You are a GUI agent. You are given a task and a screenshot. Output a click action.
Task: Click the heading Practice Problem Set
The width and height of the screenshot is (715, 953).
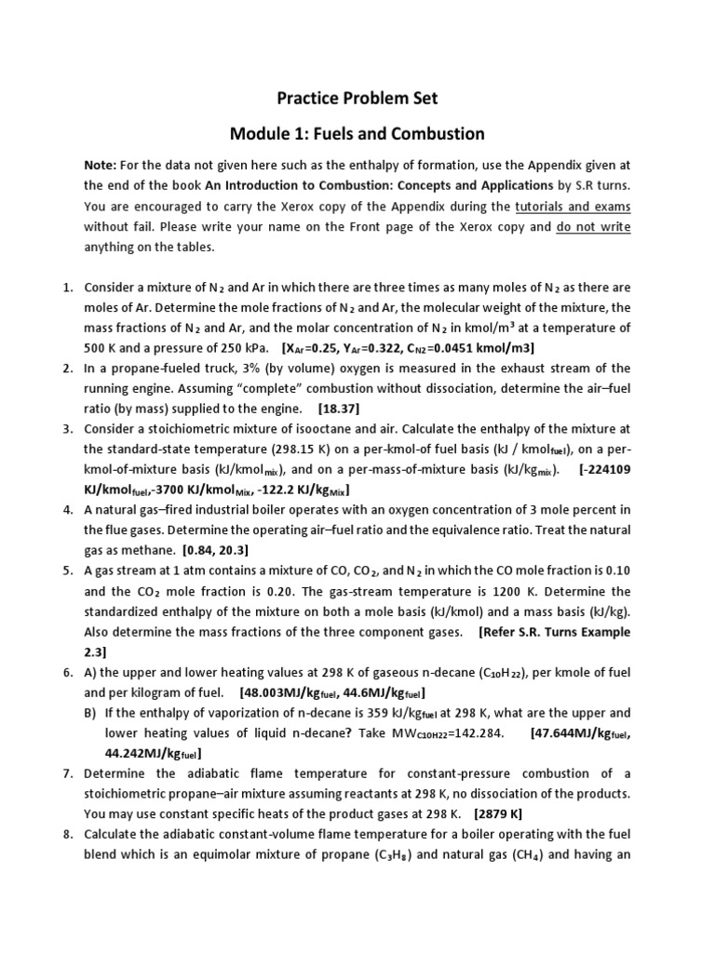click(x=358, y=97)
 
